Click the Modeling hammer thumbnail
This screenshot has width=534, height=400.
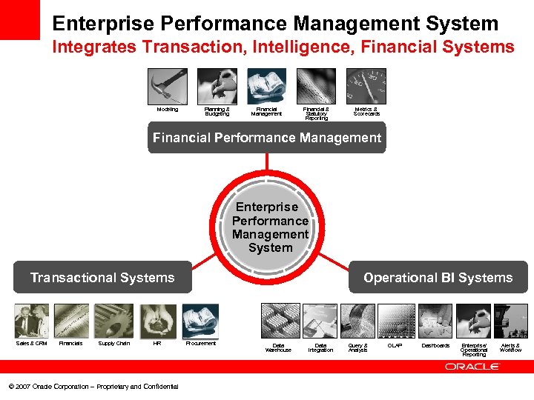click(x=167, y=86)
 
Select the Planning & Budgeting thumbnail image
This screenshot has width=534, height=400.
click(x=217, y=86)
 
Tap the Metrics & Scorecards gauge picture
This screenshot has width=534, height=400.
click(x=366, y=86)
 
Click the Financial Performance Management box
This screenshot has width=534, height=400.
click(x=267, y=138)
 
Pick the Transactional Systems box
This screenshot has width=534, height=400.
click(x=102, y=278)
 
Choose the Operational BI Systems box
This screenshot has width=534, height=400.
click(x=438, y=278)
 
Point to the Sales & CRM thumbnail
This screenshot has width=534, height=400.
click(x=31, y=321)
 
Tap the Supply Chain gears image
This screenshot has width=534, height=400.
click(x=113, y=321)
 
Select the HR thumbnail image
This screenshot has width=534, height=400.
click(x=157, y=321)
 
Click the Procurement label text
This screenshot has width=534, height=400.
click(x=200, y=344)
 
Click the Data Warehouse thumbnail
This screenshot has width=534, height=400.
click(x=278, y=321)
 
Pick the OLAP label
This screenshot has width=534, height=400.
click(x=395, y=346)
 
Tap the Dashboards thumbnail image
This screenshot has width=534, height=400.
click(x=435, y=321)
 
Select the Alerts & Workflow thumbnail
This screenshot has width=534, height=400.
click(x=510, y=321)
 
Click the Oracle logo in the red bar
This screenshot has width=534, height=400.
click(x=472, y=367)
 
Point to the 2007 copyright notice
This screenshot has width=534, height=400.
click(x=93, y=387)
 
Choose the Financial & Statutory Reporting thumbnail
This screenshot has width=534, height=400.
click(x=316, y=86)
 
